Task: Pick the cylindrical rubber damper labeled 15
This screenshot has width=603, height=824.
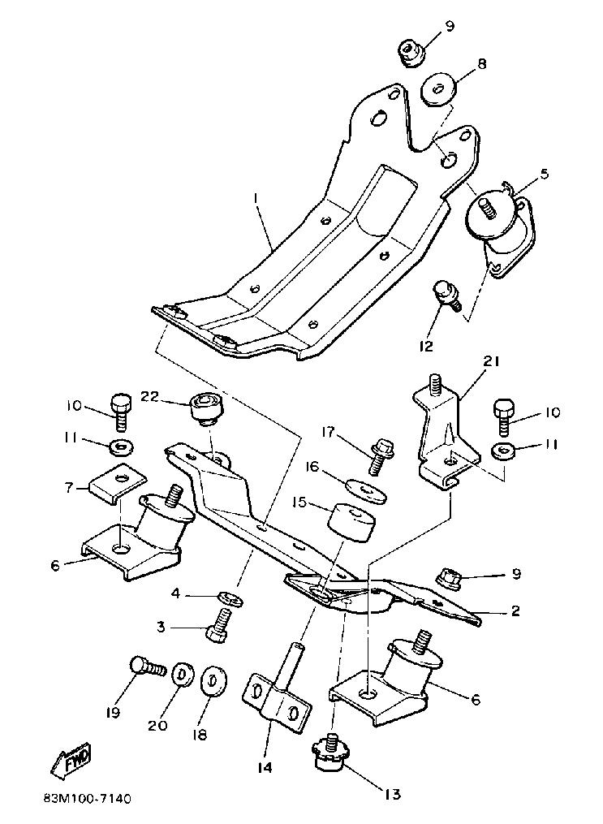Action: tap(352, 522)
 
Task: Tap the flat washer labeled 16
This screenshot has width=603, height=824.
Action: tap(367, 488)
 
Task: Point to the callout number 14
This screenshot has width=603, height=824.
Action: tap(265, 767)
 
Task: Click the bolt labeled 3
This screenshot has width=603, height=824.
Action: tap(218, 624)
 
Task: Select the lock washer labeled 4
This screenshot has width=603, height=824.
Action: tap(230, 598)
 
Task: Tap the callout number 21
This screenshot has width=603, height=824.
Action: tap(491, 361)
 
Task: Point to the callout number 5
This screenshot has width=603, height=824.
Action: tap(545, 174)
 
